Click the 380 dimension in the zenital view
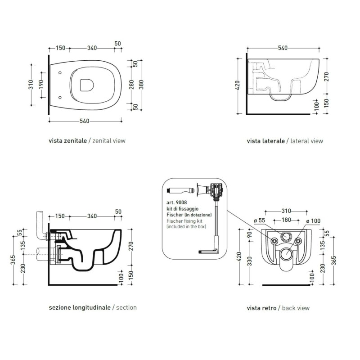[x=141, y=85]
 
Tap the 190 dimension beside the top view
[x=41, y=85]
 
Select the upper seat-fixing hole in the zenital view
[x=60, y=73]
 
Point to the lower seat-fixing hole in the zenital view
[x=60, y=98]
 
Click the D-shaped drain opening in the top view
[x=87, y=85]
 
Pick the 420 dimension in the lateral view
[x=238, y=85]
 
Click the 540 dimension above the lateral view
[x=283, y=48]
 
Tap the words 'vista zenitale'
[x=68, y=141]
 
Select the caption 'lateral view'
[x=307, y=141]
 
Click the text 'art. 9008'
[x=177, y=202]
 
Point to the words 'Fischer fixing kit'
[x=184, y=221]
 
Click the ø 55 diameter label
[x=260, y=220]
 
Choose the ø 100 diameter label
[x=313, y=221]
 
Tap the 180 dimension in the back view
[x=286, y=220]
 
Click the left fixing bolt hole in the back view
[x=274, y=241]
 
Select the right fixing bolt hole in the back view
[x=298, y=241]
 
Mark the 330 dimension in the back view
[x=250, y=261]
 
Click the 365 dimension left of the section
[x=13, y=260]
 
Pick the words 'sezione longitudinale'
[x=80, y=307]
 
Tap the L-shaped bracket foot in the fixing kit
[x=208, y=252]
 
